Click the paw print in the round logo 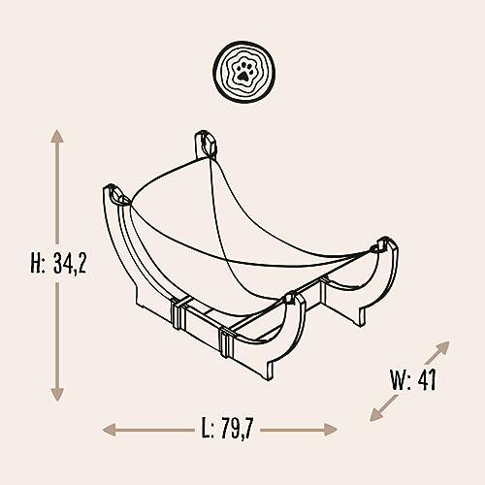point(243,72)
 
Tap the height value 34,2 point(70,263)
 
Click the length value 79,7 point(237,428)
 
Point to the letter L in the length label point(207,428)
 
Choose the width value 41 point(427,379)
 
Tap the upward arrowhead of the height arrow point(57,137)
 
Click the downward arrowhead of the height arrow point(57,395)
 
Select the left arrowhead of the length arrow point(109,430)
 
